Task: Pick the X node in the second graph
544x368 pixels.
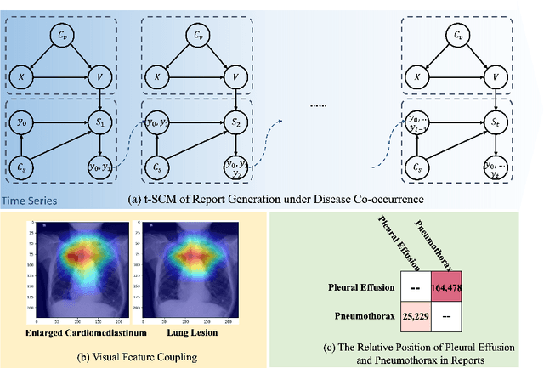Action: click(x=156, y=77)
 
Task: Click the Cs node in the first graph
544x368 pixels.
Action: click(x=22, y=167)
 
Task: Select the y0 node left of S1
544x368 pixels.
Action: click(x=22, y=122)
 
